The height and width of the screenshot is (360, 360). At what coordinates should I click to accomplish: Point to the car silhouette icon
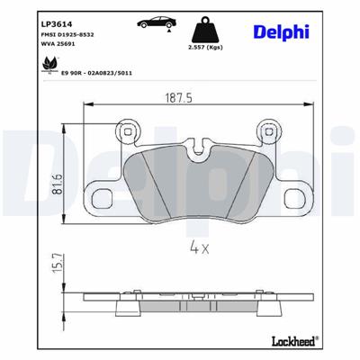pos(149,22)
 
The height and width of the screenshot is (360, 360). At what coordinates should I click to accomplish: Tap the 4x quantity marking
pos(198,246)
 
